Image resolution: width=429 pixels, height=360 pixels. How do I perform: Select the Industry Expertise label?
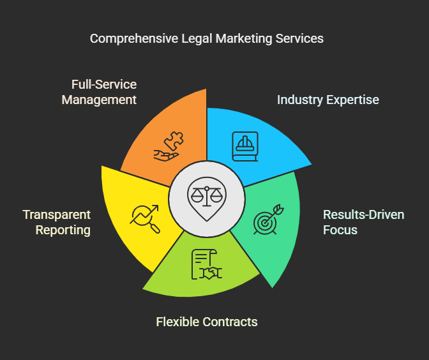[327, 100]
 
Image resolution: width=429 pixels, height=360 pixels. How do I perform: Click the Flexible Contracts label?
[207, 321]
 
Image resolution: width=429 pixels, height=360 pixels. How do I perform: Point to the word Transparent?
[57, 214]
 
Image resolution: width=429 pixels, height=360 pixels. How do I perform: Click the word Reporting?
[63, 230]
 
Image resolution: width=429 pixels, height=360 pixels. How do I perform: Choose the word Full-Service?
[104, 84]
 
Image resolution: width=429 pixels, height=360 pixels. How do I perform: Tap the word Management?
[99, 100]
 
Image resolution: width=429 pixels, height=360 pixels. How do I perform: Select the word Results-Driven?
[363, 214]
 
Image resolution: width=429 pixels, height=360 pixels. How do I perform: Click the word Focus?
[340, 230]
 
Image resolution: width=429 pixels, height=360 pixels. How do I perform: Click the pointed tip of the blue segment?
[311, 165]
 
